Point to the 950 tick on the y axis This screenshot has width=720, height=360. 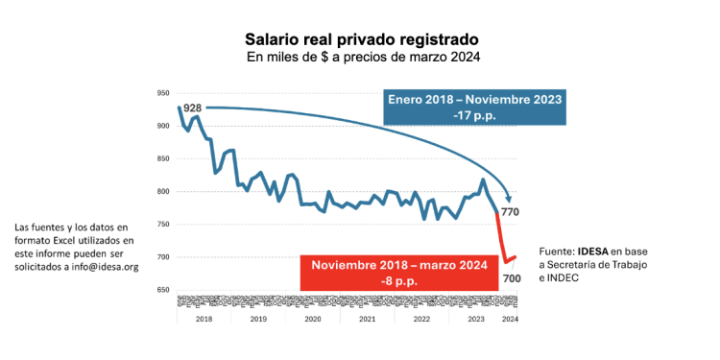(163, 93)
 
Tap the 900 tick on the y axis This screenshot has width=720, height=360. (163, 126)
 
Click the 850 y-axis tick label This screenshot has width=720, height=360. (163, 158)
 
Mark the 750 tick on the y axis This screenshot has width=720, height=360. (163, 225)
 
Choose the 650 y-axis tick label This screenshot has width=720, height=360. (163, 290)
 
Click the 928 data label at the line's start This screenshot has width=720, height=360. (193, 108)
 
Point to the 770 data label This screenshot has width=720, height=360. (510, 211)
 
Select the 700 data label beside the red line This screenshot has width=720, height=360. (511, 277)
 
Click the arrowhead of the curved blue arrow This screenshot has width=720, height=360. (509, 198)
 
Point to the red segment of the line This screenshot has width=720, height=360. (501, 240)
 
